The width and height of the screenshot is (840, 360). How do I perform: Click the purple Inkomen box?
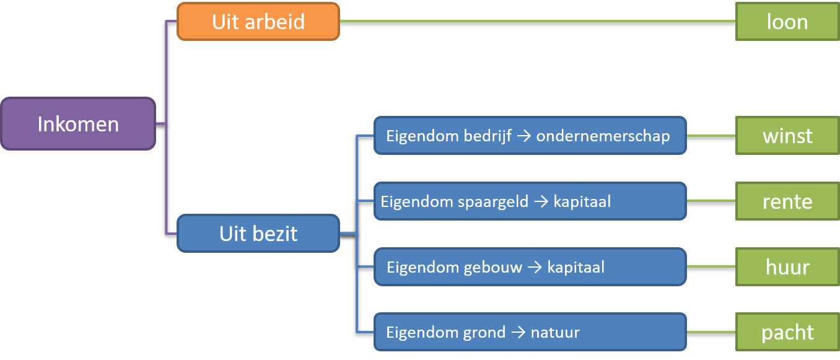78,124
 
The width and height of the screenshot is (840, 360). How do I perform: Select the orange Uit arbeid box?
258,21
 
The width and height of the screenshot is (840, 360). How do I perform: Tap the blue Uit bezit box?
258,233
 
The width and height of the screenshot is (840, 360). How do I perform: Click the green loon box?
787,21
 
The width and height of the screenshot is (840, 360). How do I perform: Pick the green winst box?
787,135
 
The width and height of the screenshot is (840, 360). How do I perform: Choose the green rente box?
787,201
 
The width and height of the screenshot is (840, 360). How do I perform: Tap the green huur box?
787,266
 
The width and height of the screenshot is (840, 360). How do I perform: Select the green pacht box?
787,332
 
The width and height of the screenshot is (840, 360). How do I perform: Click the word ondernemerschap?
603,136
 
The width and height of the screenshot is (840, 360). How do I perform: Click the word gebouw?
492,268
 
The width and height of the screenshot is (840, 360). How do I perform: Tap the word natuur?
556,333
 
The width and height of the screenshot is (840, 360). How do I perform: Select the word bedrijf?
488,136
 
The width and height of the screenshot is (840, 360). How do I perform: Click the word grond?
484,333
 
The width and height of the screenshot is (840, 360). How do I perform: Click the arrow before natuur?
518,333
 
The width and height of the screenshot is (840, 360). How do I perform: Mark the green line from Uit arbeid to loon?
538,21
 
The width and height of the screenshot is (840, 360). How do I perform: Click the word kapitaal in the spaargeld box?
582,202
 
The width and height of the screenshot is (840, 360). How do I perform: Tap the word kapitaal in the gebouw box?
576,268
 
